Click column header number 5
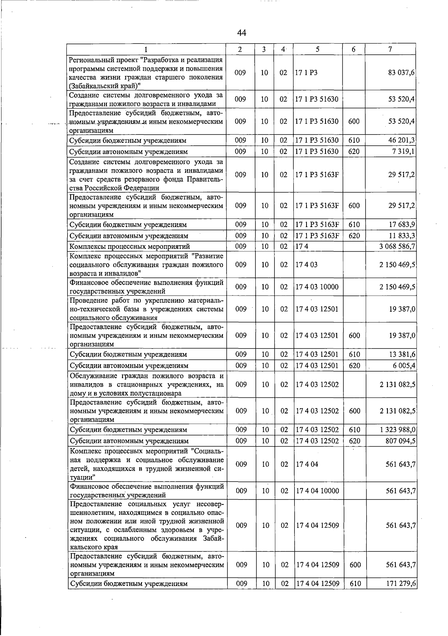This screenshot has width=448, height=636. point(317,49)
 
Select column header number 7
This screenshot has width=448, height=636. point(390,49)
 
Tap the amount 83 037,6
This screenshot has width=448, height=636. point(401,73)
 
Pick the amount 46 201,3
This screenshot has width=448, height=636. point(402,140)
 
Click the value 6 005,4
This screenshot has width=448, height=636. point(404,366)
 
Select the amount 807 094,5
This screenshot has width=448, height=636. point(400,441)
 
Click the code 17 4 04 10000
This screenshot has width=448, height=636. point(317,491)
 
